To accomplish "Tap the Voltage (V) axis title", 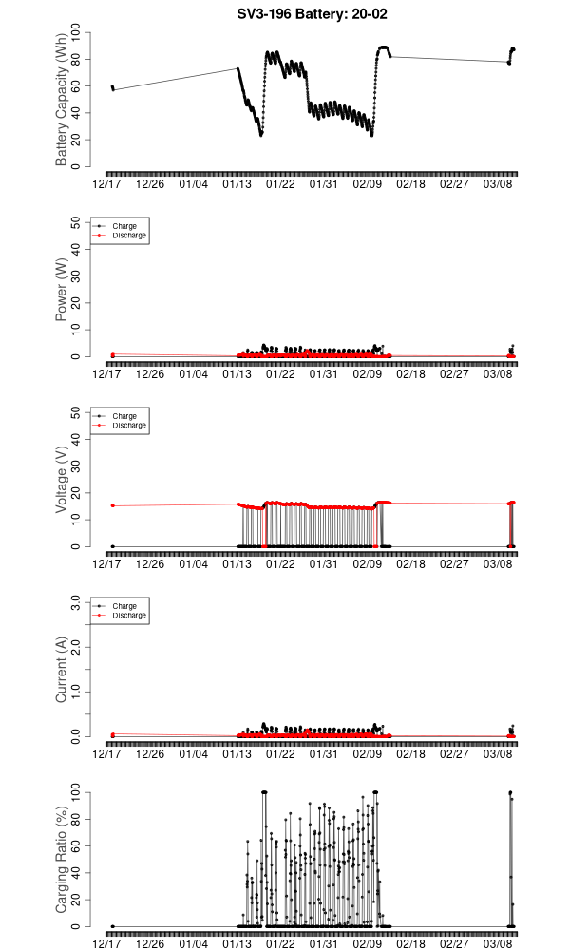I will pyautogui.click(x=62, y=480).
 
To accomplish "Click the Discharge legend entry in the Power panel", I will pyautogui.click(x=128, y=235).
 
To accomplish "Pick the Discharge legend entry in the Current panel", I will pyautogui.click(x=128, y=615).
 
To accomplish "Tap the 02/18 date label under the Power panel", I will pyautogui.click(x=410, y=374).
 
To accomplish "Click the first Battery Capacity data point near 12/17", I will pyautogui.click(x=112, y=86).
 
